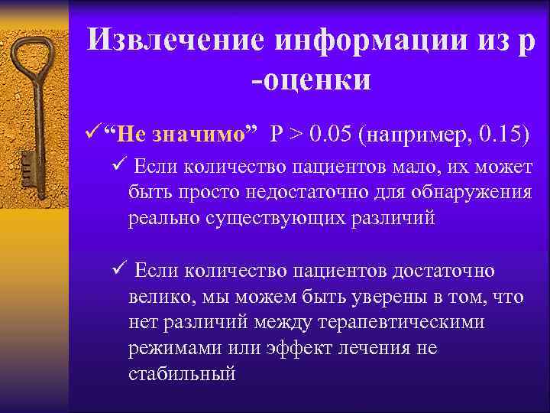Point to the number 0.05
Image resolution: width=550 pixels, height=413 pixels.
[331, 136]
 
